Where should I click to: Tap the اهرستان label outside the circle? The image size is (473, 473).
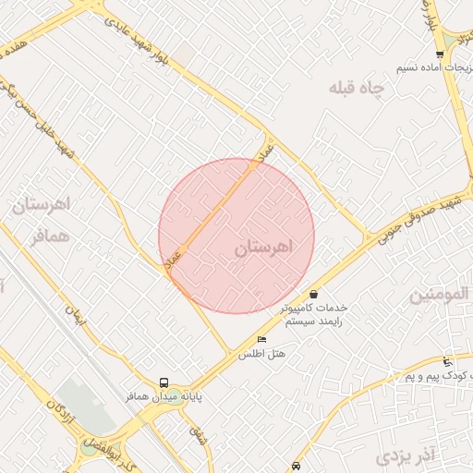(x=39, y=204)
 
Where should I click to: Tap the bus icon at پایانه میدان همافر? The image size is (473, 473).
(x=164, y=382)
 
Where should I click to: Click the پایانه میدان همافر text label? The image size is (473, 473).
(x=164, y=395)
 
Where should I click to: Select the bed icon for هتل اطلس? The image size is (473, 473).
(x=261, y=339)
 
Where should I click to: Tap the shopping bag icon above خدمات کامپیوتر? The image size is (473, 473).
(x=313, y=293)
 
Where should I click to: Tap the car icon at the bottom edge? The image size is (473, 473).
(x=295, y=466)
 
